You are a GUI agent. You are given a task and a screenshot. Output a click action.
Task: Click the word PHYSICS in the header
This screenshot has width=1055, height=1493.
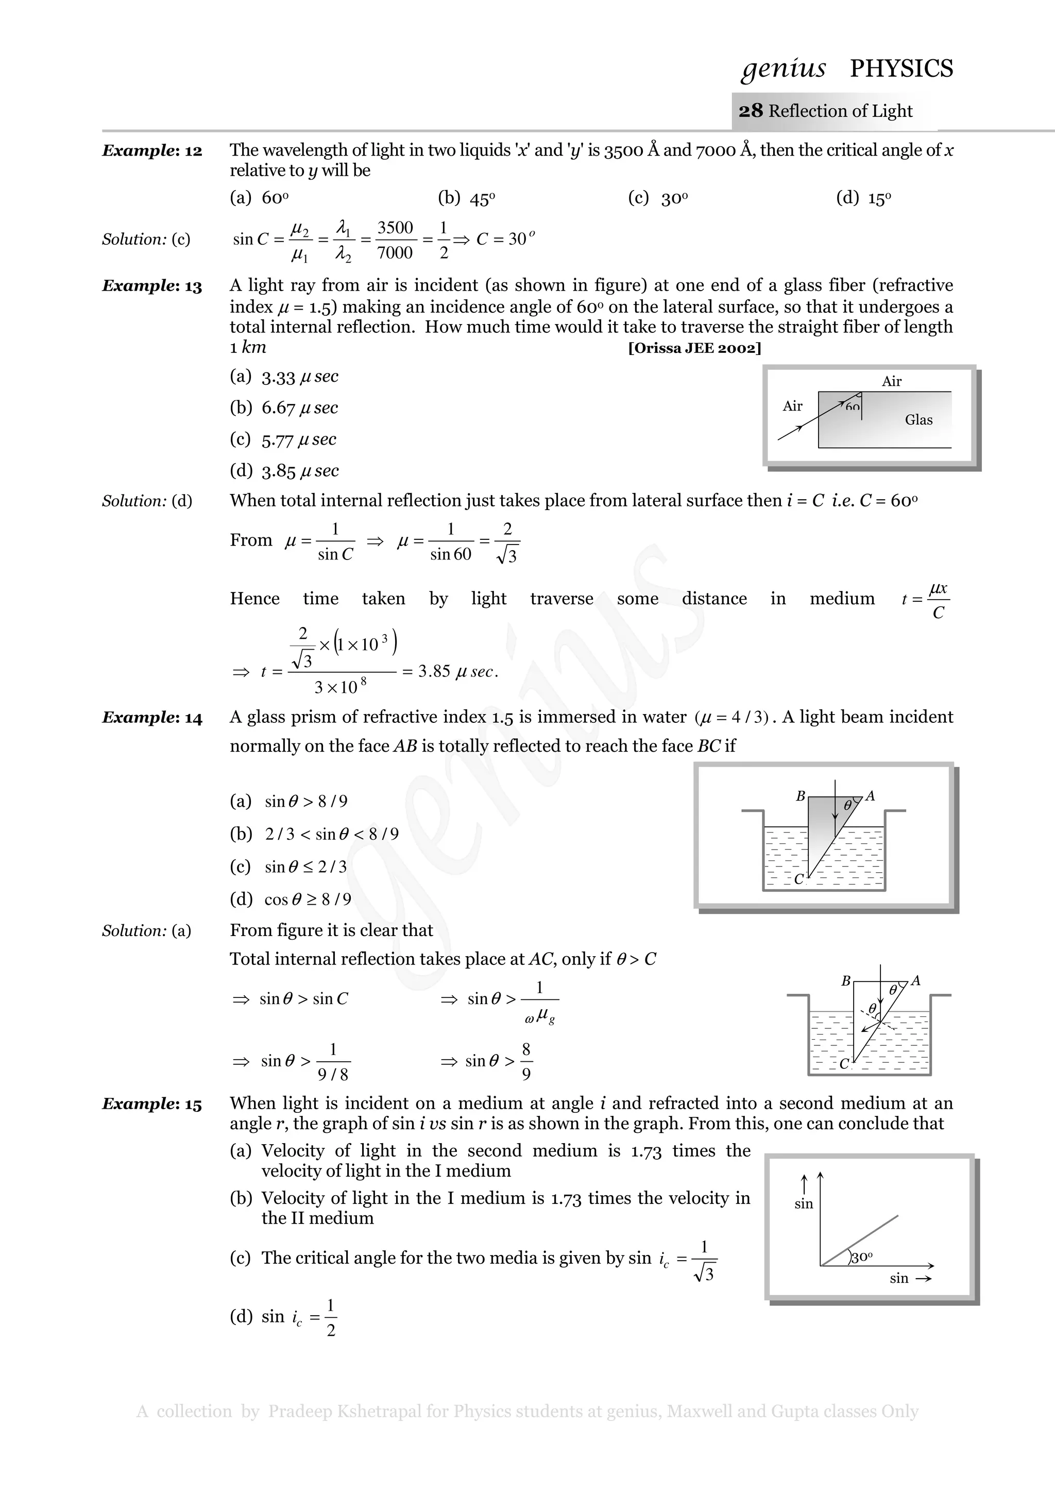click(901, 69)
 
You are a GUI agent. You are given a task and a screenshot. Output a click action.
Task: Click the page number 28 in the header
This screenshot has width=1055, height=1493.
click(751, 111)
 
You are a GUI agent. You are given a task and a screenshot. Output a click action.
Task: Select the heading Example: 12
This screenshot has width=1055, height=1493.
click(152, 151)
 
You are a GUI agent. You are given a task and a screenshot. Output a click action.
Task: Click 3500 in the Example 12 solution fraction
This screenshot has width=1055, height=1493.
click(395, 228)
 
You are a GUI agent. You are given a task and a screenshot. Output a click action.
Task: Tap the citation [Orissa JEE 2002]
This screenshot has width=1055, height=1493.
click(694, 348)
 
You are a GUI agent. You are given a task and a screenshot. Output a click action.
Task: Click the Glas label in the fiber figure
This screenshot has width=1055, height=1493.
click(918, 420)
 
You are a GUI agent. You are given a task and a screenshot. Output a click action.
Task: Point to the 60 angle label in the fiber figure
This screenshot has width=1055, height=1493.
click(852, 407)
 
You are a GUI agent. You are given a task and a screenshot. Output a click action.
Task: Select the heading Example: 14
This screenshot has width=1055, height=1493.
click(152, 718)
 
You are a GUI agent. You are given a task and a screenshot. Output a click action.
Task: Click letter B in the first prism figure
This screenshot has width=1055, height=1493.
click(801, 796)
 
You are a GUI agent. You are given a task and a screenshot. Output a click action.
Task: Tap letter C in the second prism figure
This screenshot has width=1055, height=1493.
click(844, 1064)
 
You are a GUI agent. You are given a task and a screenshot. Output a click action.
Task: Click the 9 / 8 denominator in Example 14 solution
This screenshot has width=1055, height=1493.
click(333, 1075)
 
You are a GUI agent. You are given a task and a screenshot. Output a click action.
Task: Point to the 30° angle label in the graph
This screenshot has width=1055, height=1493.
click(862, 1258)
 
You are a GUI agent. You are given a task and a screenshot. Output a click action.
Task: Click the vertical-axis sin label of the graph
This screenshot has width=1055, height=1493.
click(804, 1203)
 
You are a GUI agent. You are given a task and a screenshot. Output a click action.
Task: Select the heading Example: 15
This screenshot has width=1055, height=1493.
click(152, 1104)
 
